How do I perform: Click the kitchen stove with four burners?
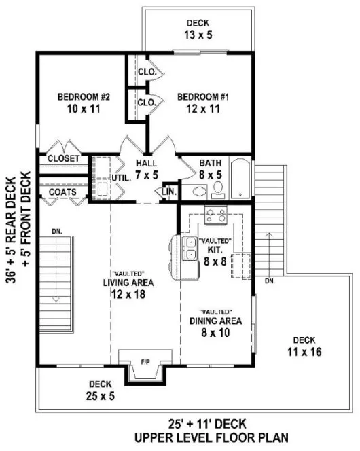(x=216, y=216)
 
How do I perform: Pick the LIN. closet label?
(x=169, y=193)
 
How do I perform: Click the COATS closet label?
(x=62, y=192)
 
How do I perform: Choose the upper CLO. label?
(x=147, y=71)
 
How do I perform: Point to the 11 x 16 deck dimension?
(x=304, y=352)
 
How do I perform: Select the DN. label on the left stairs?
(x=56, y=232)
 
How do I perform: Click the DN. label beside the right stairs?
(x=270, y=280)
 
